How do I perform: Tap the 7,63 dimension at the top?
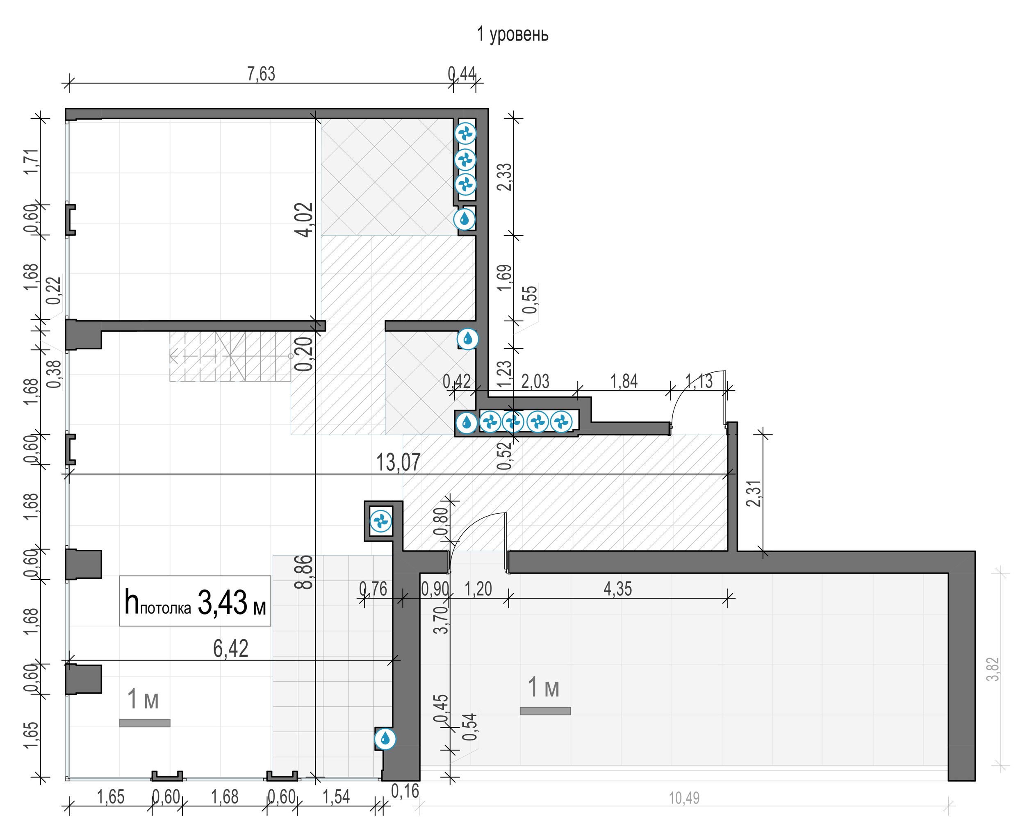[261, 74]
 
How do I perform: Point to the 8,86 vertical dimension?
[305, 571]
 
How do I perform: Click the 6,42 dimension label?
[231, 649]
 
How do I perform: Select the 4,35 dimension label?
[617, 589]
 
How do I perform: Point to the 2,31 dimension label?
[753, 493]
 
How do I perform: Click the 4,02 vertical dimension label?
[305, 220]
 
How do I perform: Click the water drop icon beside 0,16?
[385, 739]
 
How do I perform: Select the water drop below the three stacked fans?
[465, 219]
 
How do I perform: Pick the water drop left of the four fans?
[466, 423]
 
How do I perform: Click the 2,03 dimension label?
[535, 382]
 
